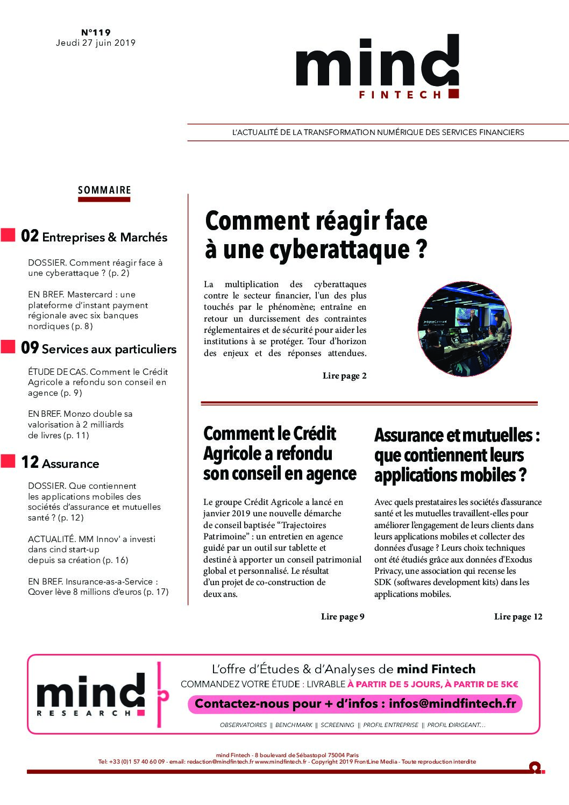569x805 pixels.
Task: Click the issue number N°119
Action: (x=96, y=32)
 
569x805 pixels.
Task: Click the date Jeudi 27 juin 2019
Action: (x=96, y=43)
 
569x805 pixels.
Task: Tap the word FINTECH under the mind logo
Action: (x=400, y=95)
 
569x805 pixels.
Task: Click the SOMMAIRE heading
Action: (x=104, y=190)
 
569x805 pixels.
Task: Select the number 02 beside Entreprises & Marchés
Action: (x=30, y=236)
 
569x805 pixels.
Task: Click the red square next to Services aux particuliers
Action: (x=8, y=347)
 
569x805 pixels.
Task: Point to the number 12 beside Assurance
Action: (x=30, y=462)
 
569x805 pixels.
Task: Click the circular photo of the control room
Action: (x=464, y=329)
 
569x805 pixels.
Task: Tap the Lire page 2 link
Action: (x=344, y=376)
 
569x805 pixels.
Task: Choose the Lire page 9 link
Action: (x=343, y=617)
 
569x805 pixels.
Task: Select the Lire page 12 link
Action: (x=518, y=617)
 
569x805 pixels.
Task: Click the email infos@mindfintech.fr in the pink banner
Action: (x=452, y=703)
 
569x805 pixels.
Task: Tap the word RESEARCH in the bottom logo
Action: (x=84, y=713)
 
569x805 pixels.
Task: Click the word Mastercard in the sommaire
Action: (x=90, y=295)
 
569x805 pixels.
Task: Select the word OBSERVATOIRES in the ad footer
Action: (x=243, y=725)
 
